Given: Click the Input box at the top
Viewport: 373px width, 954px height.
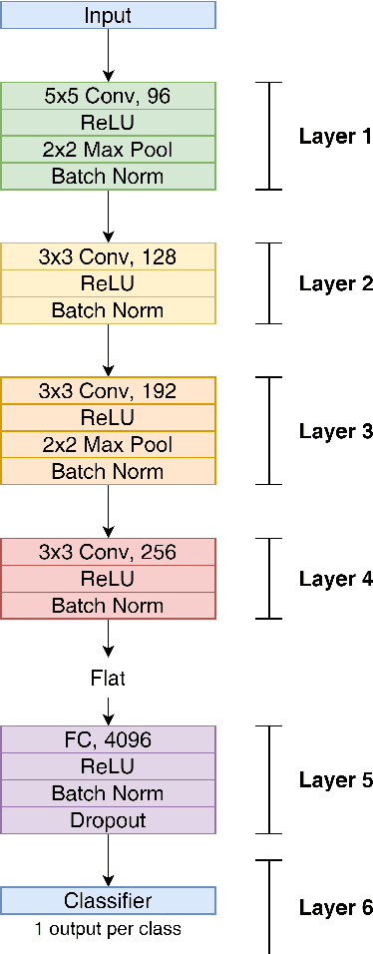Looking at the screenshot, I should [x=108, y=15].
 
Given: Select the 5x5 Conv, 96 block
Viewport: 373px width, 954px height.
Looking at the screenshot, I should [x=108, y=96].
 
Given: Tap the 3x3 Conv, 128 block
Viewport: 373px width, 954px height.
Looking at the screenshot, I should [x=108, y=256].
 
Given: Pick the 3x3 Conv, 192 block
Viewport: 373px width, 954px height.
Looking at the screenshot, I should [x=108, y=390].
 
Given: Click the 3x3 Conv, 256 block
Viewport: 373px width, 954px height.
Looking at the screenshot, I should [x=108, y=552].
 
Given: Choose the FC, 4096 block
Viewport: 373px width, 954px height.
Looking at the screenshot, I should [x=108, y=739].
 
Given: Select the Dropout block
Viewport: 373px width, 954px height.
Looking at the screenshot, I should [x=108, y=820].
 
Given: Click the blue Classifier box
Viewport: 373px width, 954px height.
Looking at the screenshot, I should [x=108, y=901].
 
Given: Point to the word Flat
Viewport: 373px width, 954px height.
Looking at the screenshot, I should [x=108, y=679].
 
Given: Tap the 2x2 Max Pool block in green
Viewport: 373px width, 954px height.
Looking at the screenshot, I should [x=108, y=150].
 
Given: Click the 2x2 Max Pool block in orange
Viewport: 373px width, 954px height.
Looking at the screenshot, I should [x=108, y=444].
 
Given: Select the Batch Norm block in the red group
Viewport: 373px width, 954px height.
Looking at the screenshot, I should [x=108, y=606].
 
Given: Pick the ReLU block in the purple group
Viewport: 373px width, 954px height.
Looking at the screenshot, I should [x=108, y=766].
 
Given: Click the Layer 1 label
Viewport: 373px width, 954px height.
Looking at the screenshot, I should [x=335, y=137].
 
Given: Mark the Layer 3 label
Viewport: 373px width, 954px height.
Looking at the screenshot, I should [x=335, y=431].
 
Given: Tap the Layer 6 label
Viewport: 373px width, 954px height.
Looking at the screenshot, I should [x=335, y=908].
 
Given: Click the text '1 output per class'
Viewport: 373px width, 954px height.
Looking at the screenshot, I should [x=108, y=929].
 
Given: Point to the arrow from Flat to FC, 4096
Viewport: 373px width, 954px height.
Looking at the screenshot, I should [x=108, y=710].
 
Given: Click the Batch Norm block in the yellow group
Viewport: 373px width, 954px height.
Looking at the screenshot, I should [x=108, y=310].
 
